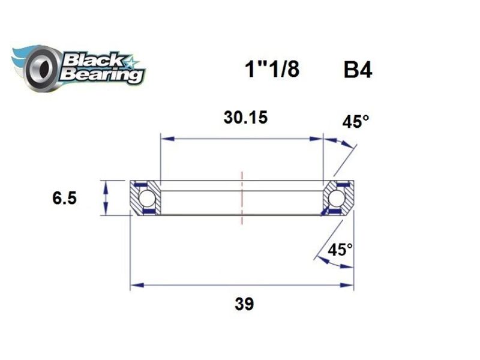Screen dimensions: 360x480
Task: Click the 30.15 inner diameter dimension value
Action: [x=242, y=118]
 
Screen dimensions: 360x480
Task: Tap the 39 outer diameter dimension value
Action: [x=244, y=304]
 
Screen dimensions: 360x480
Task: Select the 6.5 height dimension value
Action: [x=64, y=198]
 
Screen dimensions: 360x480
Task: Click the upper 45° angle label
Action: [x=356, y=122]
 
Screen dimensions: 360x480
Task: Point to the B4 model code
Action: [x=357, y=70]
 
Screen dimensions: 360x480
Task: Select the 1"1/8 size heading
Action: [x=271, y=70]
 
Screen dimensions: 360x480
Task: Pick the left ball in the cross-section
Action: [x=146, y=197]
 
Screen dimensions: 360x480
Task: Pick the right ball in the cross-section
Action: [x=337, y=197]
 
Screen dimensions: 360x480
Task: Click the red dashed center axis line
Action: [x=242, y=198]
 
